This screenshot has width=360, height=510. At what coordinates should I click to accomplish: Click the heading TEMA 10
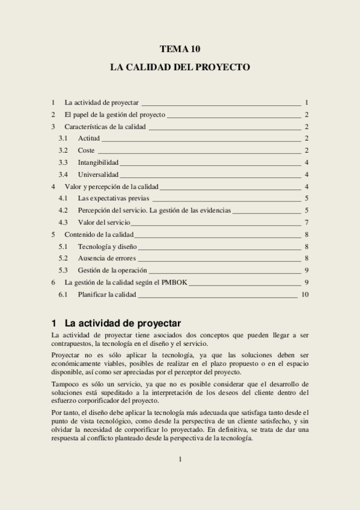[180, 49]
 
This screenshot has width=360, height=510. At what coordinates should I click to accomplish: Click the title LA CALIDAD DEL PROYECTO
[180, 67]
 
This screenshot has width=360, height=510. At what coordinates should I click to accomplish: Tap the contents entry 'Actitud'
[89, 138]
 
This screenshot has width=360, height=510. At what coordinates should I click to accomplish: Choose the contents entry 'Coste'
[87, 150]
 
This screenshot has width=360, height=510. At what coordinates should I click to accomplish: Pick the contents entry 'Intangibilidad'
[98, 162]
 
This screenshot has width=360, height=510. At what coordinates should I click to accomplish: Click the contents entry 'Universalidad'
[98, 174]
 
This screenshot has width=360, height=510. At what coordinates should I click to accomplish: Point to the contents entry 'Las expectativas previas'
[114, 198]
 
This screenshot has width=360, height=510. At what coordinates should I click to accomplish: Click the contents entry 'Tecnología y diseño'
[108, 247]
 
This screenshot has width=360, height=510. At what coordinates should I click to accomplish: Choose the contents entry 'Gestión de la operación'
[112, 271]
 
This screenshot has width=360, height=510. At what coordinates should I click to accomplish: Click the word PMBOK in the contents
[175, 283]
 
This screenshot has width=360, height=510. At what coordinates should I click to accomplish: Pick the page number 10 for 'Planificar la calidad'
[305, 295]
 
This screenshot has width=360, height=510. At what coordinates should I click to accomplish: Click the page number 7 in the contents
[307, 223]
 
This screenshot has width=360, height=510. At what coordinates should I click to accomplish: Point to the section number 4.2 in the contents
[63, 210]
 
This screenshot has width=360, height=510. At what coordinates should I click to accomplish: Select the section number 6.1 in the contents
[63, 295]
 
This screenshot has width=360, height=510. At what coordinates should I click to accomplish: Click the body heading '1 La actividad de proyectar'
[117, 323]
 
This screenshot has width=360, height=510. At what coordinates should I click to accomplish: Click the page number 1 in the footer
[180, 459]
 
